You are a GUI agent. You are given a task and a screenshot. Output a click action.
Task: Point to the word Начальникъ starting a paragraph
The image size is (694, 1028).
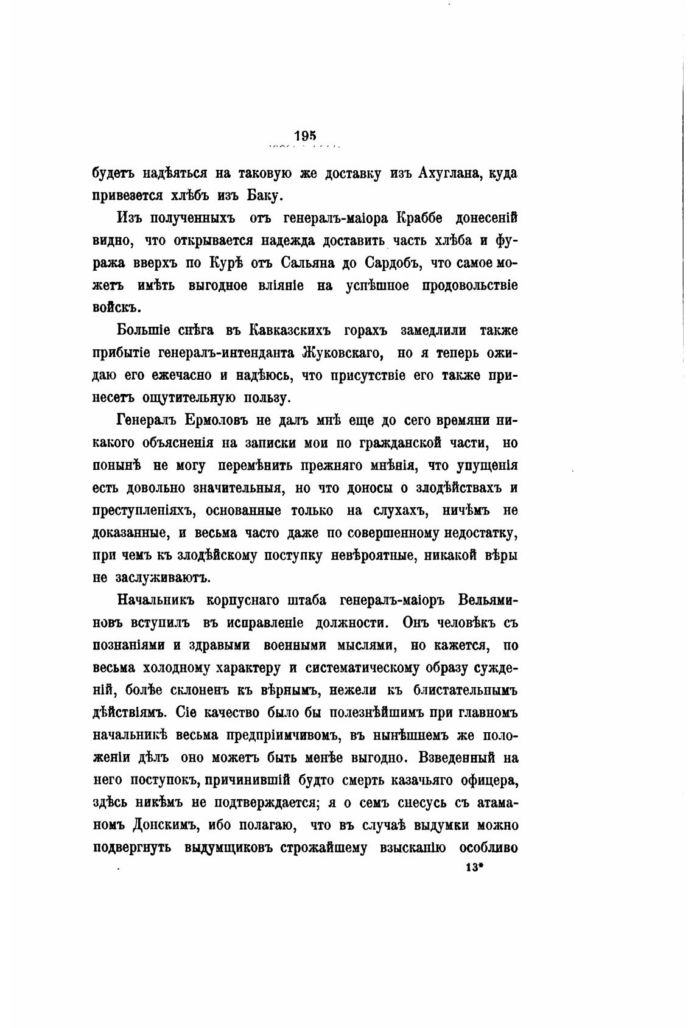(155, 600)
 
